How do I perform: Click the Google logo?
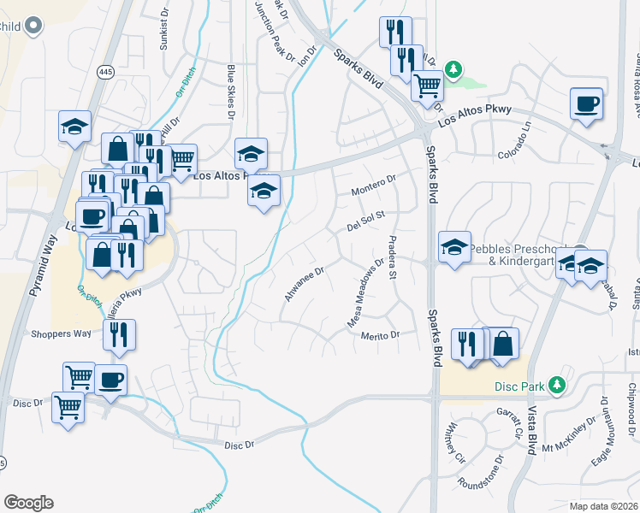(x=28, y=503)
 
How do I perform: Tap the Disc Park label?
(x=519, y=386)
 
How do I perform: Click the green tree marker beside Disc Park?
(x=558, y=386)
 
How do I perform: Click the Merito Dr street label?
(x=380, y=336)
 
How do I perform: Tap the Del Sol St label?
(x=367, y=221)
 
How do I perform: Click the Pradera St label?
(x=393, y=257)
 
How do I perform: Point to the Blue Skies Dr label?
(x=231, y=90)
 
